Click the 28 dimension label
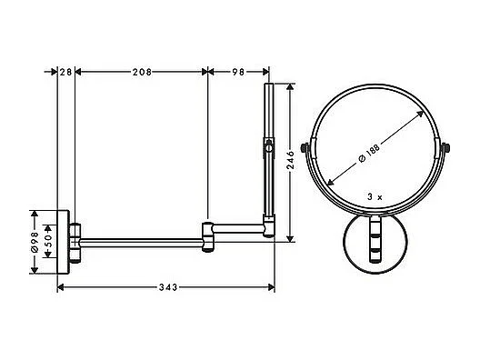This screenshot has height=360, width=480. click(65, 70)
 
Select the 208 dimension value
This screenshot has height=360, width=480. click(141, 70)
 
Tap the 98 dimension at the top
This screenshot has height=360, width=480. click(238, 70)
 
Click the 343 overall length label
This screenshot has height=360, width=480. click(165, 287)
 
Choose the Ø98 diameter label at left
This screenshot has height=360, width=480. click(34, 241)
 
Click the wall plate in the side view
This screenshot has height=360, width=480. click(62, 240)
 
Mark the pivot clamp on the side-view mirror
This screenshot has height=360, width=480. click(267, 145)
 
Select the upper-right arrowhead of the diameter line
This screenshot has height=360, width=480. click(422, 112)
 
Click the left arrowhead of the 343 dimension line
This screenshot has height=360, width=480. click(61, 287)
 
